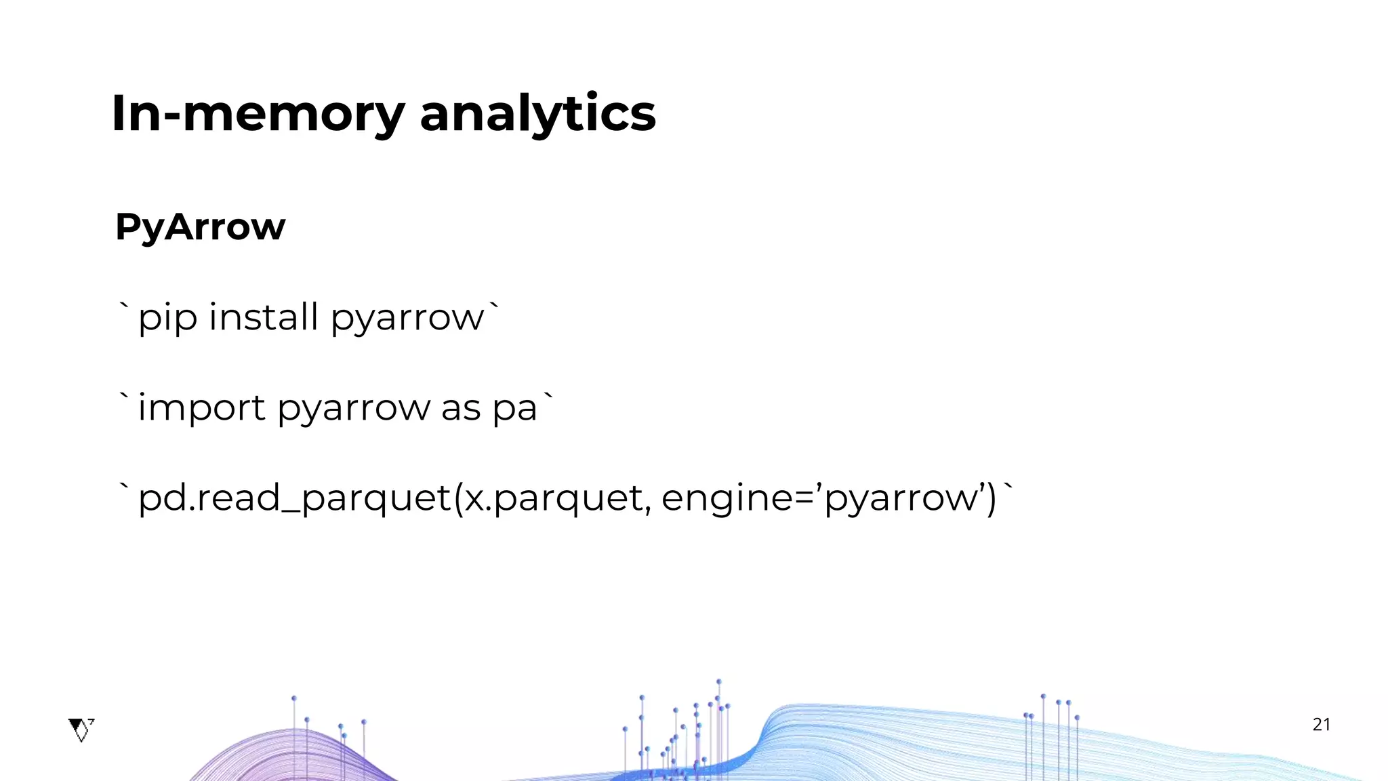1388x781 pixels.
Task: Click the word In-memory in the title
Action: coord(258,113)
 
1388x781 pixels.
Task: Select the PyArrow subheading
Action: coord(200,226)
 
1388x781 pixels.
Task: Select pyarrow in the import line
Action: coord(354,408)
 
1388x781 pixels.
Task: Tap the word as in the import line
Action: coord(461,408)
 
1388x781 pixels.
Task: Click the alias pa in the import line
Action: coord(515,408)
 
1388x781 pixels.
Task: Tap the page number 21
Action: coord(1321,725)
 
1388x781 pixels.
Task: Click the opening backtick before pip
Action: coord(123,307)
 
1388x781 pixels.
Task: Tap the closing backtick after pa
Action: coord(548,398)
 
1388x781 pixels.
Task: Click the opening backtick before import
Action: coord(123,398)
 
